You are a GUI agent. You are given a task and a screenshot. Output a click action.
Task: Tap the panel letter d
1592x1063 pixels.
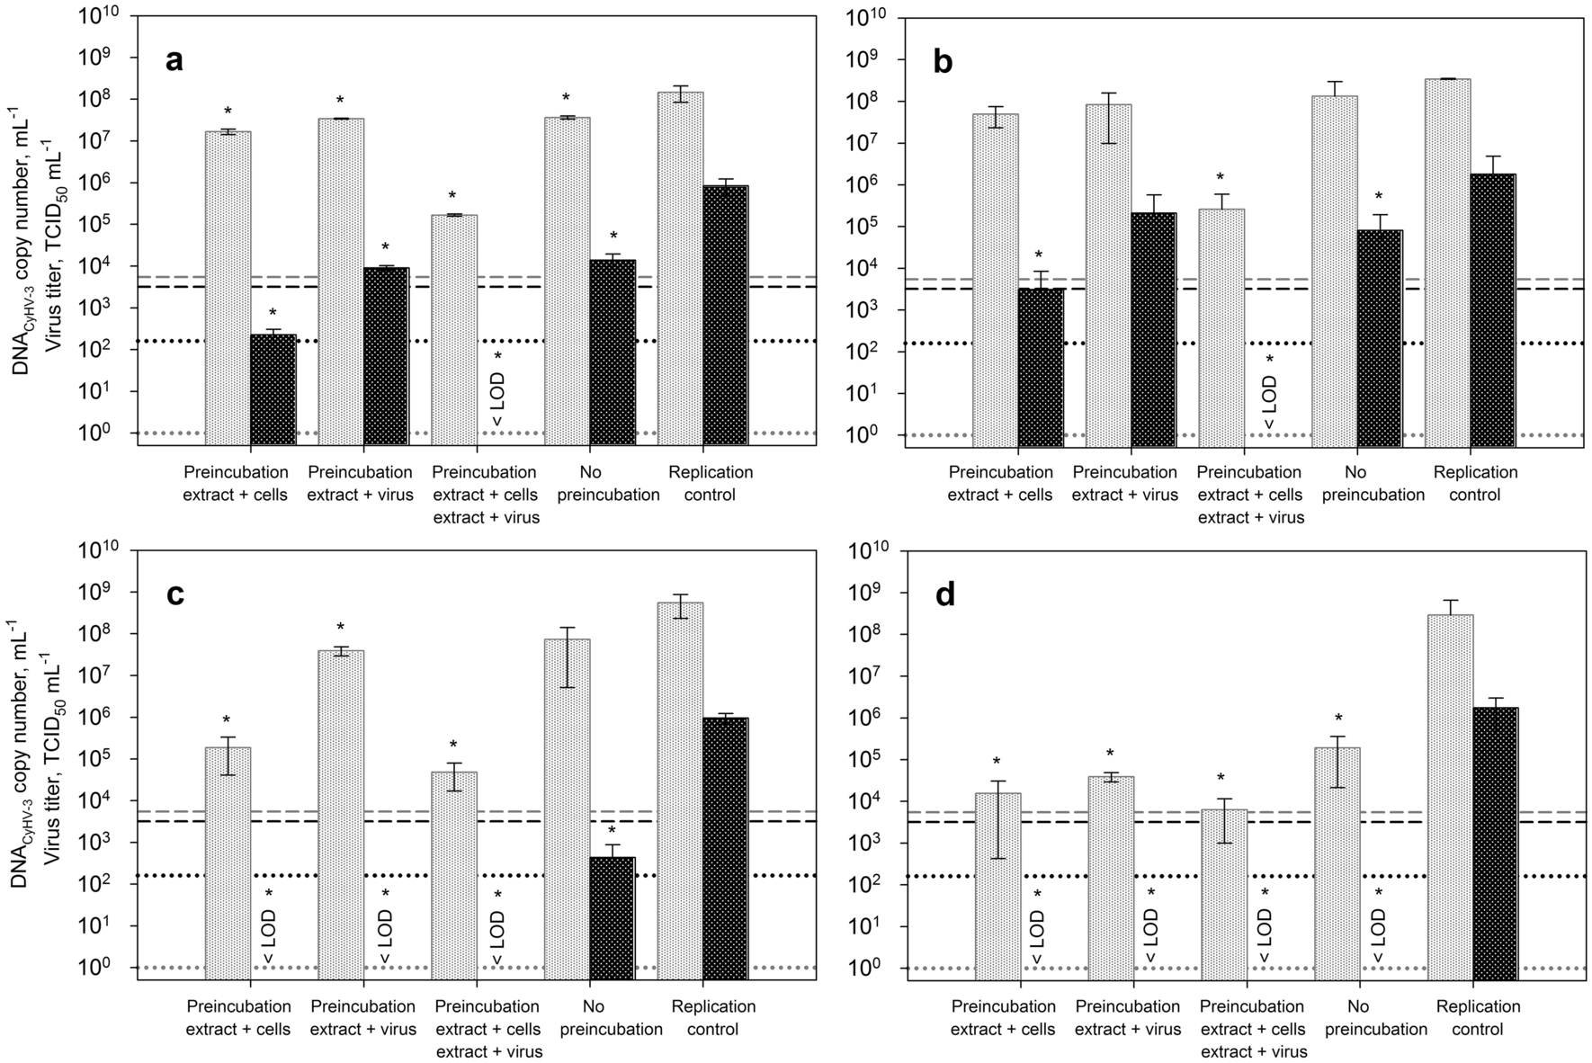click(x=945, y=594)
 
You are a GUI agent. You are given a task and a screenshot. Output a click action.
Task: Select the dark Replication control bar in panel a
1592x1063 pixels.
click(x=725, y=315)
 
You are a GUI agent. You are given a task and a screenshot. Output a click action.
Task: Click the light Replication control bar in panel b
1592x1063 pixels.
click(x=1448, y=261)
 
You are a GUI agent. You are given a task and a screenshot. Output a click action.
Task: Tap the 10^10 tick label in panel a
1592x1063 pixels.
click(x=102, y=16)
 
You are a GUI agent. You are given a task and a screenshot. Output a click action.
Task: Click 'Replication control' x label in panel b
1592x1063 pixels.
click(x=1475, y=483)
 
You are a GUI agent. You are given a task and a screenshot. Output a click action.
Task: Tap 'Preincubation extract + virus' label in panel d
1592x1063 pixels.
click(x=1128, y=1018)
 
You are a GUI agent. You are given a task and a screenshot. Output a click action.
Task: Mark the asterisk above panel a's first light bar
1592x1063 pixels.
click(x=228, y=112)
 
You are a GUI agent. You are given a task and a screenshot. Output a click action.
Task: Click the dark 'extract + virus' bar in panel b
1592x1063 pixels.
click(x=1153, y=328)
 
